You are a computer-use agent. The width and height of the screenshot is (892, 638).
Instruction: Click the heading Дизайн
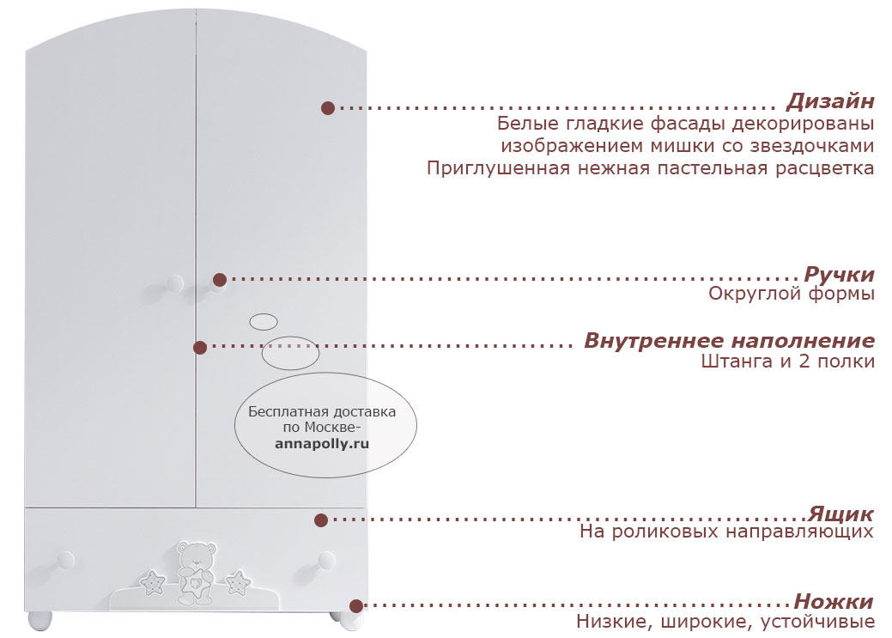(x=830, y=101)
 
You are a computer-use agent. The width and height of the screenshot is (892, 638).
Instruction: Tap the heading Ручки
(x=839, y=274)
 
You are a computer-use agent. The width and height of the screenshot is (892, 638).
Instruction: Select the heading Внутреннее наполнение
(x=729, y=340)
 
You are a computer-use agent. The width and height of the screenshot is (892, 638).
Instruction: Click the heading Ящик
(x=840, y=514)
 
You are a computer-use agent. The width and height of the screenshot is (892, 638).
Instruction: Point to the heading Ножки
(x=834, y=601)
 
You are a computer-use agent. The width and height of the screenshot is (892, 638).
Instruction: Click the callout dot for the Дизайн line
(x=328, y=108)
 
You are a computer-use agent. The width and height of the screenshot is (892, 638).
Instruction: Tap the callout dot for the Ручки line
(x=220, y=279)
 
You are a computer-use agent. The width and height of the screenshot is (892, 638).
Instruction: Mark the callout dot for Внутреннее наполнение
(x=200, y=347)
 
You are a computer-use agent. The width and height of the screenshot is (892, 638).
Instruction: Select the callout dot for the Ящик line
(x=321, y=520)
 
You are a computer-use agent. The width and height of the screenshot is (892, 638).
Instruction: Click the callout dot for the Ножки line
(x=356, y=605)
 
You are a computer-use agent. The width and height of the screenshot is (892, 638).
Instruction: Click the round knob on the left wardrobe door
(x=174, y=283)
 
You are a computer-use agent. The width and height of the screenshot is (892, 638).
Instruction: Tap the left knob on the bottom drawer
(x=65, y=560)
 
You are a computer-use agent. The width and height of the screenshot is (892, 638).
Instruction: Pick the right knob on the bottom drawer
(x=326, y=560)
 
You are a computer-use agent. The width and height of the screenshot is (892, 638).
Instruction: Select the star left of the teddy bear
(x=153, y=583)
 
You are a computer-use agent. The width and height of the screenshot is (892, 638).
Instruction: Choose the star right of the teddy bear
(x=238, y=582)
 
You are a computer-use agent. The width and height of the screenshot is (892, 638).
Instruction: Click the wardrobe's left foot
(x=39, y=620)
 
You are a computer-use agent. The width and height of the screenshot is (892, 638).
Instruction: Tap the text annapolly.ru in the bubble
(x=322, y=443)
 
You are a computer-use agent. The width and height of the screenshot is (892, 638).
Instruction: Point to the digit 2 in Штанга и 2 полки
(x=804, y=361)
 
